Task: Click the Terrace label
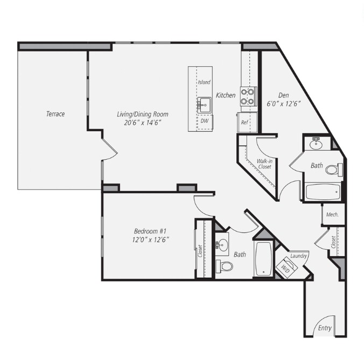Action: tap(55, 114)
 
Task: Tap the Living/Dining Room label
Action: tap(143, 114)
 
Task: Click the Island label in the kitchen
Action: tap(204, 82)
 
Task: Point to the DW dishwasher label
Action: tap(205, 121)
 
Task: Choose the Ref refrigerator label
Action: tap(245, 122)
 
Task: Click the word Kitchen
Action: tap(226, 95)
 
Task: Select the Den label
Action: tap(284, 95)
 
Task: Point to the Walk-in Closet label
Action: tap(264, 164)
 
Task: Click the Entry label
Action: tap(324, 328)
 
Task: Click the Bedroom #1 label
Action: tap(150, 231)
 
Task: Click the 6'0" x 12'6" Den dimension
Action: tap(284, 104)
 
